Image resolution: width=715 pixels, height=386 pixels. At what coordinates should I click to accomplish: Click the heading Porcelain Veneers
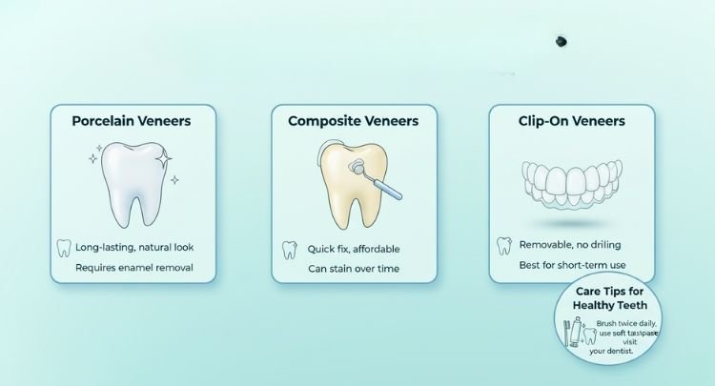[133, 122]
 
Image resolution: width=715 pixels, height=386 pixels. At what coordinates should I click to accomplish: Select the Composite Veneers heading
[353, 122]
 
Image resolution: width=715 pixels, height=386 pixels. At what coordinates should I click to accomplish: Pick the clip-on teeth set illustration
[571, 185]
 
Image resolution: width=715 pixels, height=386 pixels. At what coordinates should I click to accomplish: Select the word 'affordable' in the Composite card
[375, 249]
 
